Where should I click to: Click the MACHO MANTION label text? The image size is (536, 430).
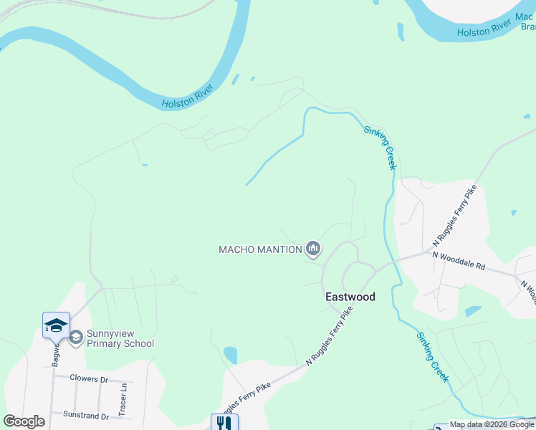(260, 249)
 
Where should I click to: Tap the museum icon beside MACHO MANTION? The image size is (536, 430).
(312, 249)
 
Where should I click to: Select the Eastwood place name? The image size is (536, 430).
(350, 296)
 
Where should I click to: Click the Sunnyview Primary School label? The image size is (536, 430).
(120, 338)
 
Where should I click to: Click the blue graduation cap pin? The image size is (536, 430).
(56, 326)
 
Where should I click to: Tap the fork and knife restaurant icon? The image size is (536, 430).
(224, 423)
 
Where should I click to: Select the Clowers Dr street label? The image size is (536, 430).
(88, 378)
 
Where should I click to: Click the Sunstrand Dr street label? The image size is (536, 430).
(85, 415)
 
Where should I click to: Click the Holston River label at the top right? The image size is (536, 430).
(485, 29)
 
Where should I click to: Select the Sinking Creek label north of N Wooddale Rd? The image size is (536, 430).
(381, 147)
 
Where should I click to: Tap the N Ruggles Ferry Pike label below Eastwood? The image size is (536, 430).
(330, 337)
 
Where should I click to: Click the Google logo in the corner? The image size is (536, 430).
(24, 421)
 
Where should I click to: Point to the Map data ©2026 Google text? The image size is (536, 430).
(491, 424)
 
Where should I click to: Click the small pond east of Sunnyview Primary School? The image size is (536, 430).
(230, 354)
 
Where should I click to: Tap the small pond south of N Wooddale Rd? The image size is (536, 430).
(473, 311)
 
